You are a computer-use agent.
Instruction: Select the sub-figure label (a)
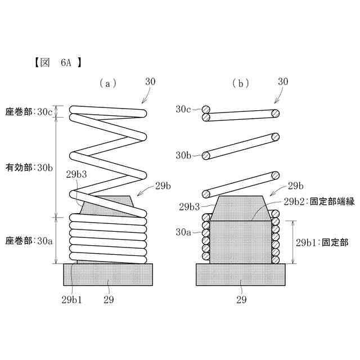point(107,83)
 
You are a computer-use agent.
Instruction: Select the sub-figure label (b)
point(241,83)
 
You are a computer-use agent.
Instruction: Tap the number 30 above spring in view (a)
point(150,81)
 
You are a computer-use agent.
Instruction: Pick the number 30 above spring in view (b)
point(283,81)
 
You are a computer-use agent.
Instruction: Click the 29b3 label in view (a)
point(76,174)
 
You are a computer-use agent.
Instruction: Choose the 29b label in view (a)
point(163,185)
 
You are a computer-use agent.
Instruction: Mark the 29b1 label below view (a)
point(72,299)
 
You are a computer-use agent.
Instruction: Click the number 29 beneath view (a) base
point(109,299)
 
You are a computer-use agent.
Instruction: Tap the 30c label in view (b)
point(184,109)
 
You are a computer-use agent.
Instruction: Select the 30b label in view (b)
point(184,155)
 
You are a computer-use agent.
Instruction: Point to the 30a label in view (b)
point(184,231)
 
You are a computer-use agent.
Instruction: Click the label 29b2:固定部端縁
point(318,201)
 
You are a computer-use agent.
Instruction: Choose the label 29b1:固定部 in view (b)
point(322,242)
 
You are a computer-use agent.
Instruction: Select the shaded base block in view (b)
point(239,275)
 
